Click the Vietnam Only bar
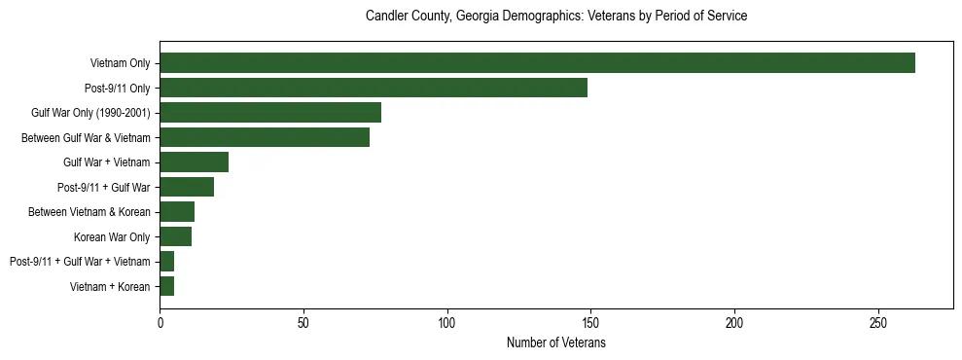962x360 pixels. [x=537, y=63]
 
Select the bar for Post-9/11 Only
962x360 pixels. [x=374, y=88]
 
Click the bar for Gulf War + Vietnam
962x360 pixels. [x=194, y=162]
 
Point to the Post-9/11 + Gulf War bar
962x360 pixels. [x=187, y=187]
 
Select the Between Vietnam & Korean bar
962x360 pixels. [x=177, y=212]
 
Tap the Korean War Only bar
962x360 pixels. [x=175, y=236]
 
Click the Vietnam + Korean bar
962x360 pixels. [x=167, y=286]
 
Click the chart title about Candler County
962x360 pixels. [x=555, y=17]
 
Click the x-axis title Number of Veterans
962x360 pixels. [x=555, y=343]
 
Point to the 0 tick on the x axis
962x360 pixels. [x=160, y=322]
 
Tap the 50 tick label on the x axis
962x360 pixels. [x=303, y=322]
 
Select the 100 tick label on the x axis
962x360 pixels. [x=447, y=322]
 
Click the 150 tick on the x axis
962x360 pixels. [x=591, y=322]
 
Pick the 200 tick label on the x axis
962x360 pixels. [x=734, y=322]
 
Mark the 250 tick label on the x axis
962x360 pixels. [x=878, y=322]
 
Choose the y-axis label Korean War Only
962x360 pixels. [x=112, y=236]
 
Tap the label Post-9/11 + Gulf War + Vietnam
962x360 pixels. [x=80, y=262]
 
